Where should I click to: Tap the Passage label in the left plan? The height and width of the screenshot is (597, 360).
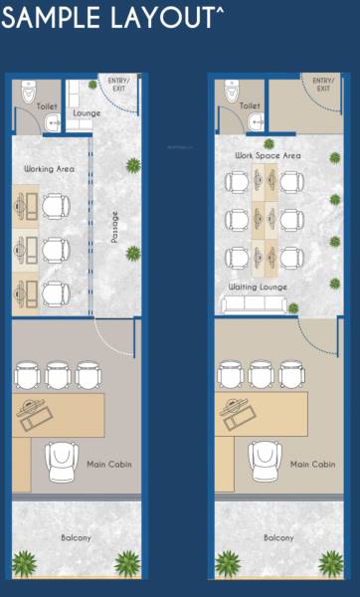tap(115, 227)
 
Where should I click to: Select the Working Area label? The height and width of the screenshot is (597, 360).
tap(50, 169)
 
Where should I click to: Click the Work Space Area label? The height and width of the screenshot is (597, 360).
tap(268, 156)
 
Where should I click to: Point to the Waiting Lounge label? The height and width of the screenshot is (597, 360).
tap(258, 288)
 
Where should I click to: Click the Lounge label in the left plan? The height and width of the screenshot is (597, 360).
tap(87, 113)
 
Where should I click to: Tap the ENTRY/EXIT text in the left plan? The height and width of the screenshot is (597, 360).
tap(120, 85)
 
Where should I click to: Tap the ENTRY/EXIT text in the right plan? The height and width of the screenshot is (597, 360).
tap(323, 85)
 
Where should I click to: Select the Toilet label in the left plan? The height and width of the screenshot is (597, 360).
tap(47, 105)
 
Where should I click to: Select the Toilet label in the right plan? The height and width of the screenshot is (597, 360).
tap(251, 105)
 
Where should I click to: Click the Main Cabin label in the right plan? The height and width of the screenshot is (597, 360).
tap(311, 465)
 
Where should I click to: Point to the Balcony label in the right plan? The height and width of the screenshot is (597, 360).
tap(278, 538)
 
